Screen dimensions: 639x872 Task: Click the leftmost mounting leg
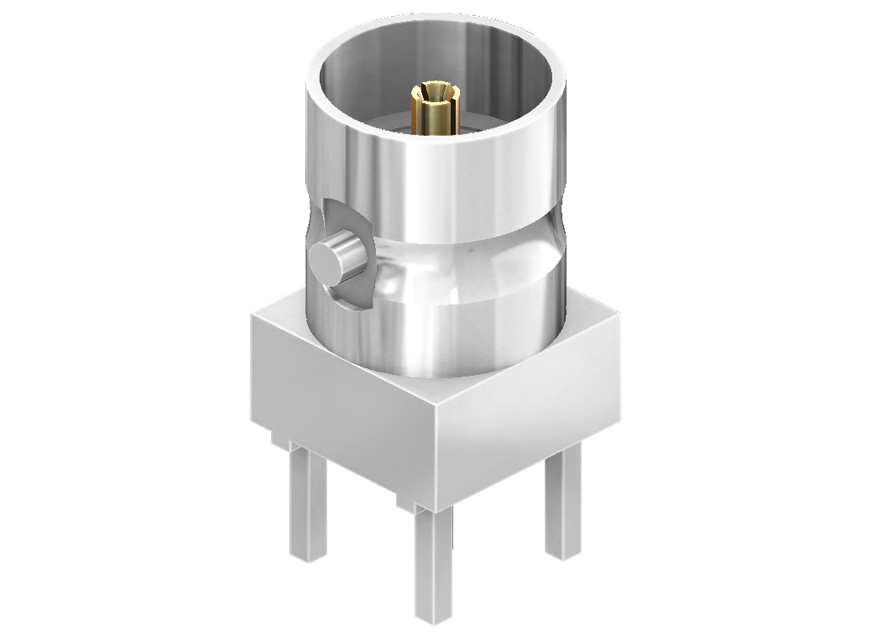click(x=308, y=505)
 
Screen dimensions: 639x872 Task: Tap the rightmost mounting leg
click(x=563, y=505)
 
